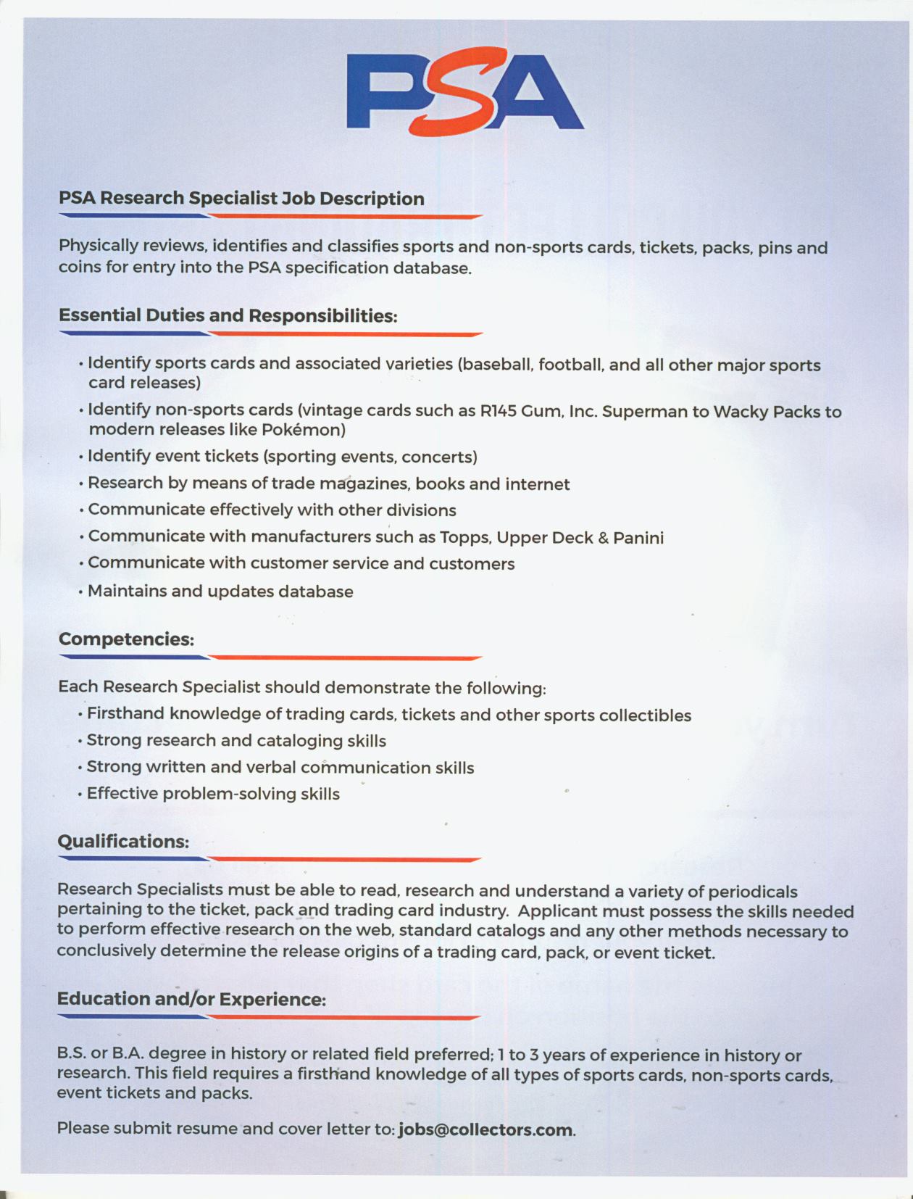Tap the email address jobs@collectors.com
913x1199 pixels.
point(485,1129)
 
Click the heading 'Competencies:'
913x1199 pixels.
point(126,639)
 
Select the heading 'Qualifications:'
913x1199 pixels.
point(123,842)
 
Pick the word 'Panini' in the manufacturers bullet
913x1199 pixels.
point(638,538)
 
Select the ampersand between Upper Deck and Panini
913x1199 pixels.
point(603,538)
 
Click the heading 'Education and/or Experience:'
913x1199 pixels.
point(191,1000)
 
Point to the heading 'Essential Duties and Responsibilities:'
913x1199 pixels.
point(228,316)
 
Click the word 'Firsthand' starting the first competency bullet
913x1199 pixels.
point(125,714)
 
